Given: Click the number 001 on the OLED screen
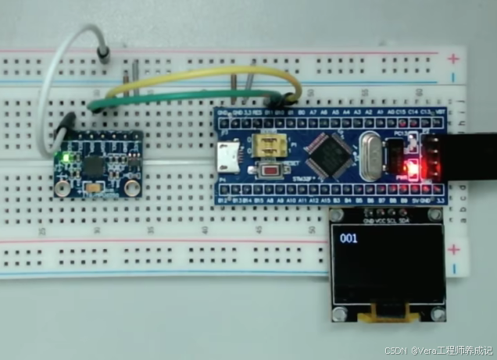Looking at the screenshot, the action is [349, 238].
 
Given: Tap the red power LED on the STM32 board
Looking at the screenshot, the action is [406, 166].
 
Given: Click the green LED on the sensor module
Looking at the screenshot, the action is [64, 160].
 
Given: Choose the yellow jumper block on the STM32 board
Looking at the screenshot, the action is [268, 147].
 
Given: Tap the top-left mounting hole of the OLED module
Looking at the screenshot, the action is [337, 216].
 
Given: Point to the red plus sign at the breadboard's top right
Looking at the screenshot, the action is [453, 59].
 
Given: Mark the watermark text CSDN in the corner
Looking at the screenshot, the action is [398, 351].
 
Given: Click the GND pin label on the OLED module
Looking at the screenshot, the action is [369, 221].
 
